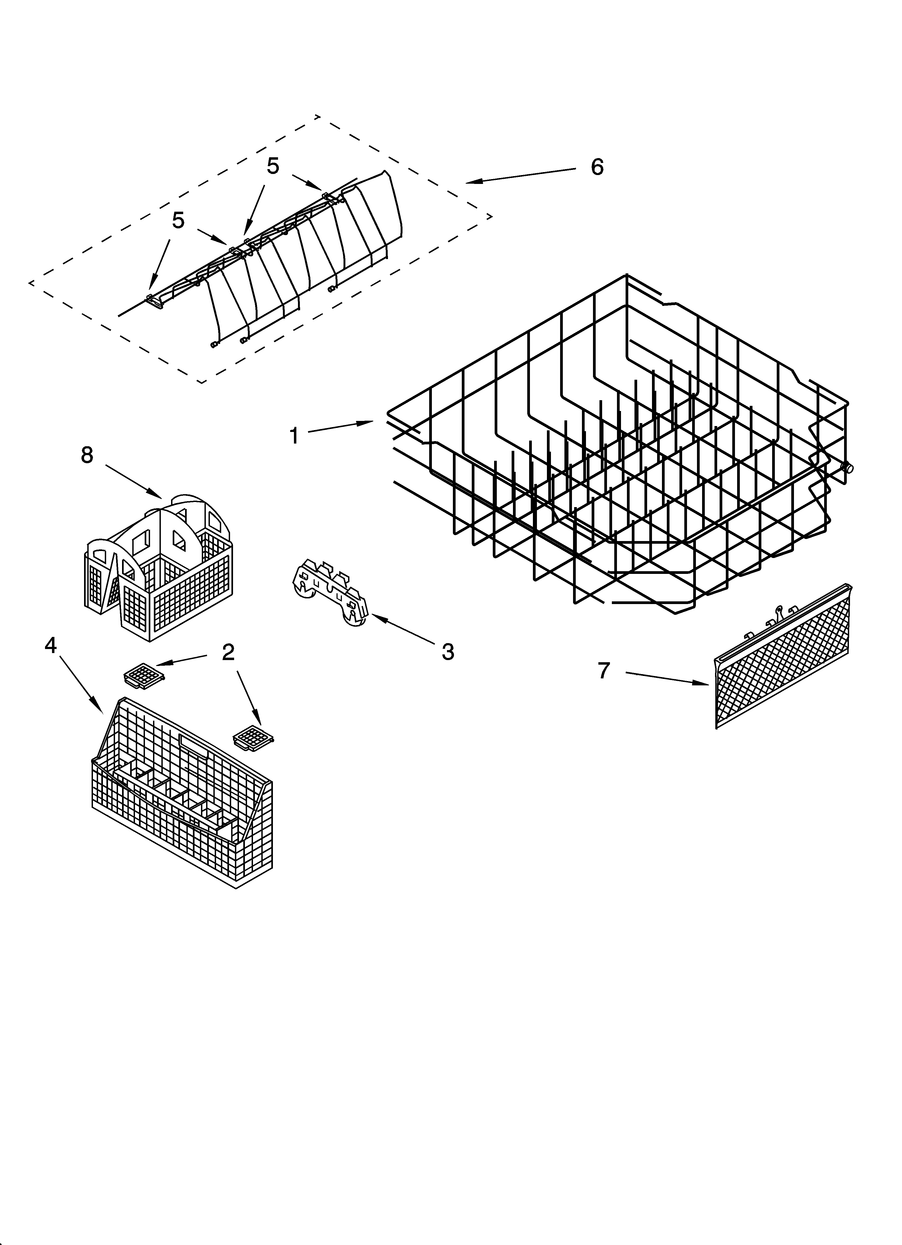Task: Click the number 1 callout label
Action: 294,436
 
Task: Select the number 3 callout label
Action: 448,652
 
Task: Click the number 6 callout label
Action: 597,167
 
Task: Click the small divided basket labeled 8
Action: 159,571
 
